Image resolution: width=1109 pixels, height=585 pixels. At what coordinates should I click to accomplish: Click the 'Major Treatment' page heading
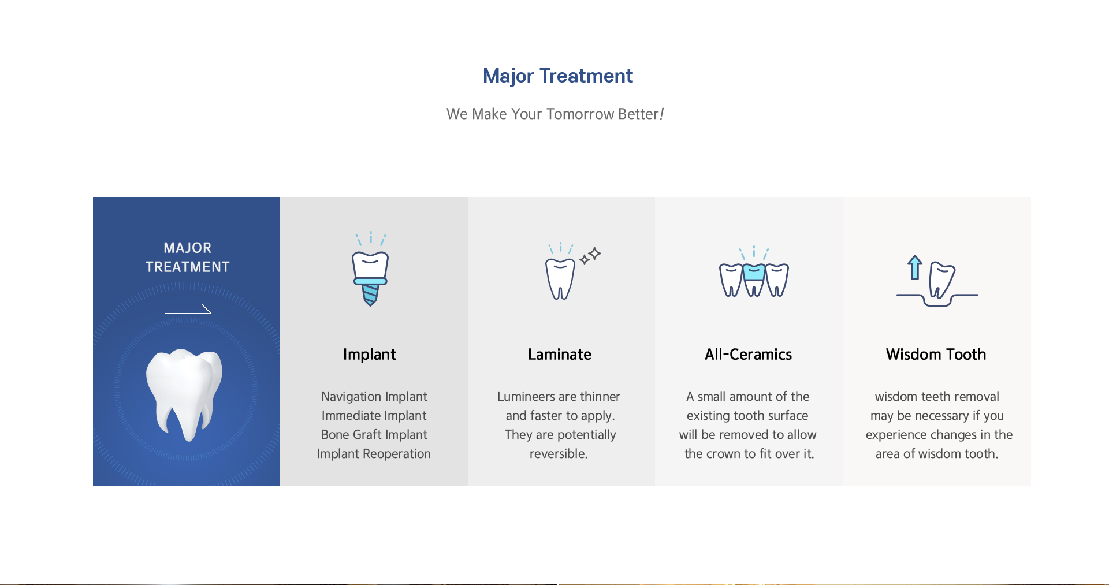click(x=557, y=76)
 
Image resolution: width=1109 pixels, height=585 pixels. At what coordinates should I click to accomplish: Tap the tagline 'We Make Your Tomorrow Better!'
click(x=555, y=114)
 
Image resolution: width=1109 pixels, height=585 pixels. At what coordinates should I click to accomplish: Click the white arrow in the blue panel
click(x=188, y=309)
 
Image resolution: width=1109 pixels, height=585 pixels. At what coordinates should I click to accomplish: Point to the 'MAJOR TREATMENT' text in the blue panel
click(x=188, y=257)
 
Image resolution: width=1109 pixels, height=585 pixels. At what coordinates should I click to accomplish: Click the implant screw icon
click(x=370, y=269)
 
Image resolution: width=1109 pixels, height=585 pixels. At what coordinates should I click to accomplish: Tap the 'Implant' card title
click(x=370, y=354)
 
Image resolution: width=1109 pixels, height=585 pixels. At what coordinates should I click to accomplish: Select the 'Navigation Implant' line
click(x=374, y=396)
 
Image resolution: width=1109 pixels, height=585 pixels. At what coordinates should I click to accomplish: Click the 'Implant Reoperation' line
click(x=374, y=453)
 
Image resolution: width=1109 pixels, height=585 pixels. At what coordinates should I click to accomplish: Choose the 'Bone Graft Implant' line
click(x=374, y=434)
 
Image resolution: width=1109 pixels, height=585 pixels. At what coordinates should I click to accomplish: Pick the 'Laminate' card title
click(x=560, y=354)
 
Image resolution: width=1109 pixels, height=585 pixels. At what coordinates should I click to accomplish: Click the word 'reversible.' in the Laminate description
click(x=559, y=453)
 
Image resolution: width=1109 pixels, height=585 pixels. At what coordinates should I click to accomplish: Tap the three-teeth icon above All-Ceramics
click(x=754, y=271)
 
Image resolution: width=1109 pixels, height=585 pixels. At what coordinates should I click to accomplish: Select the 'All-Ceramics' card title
click(x=749, y=354)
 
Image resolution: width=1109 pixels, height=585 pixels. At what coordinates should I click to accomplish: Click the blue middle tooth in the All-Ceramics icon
click(x=754, y=273)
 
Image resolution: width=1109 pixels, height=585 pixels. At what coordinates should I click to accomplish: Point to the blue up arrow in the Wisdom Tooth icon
click(x=914, y=267)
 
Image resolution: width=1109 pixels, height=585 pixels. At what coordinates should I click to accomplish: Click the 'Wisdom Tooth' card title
click(x=936, y=354)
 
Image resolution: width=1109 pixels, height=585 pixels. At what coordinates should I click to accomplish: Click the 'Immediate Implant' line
click(x=374, y=415)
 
